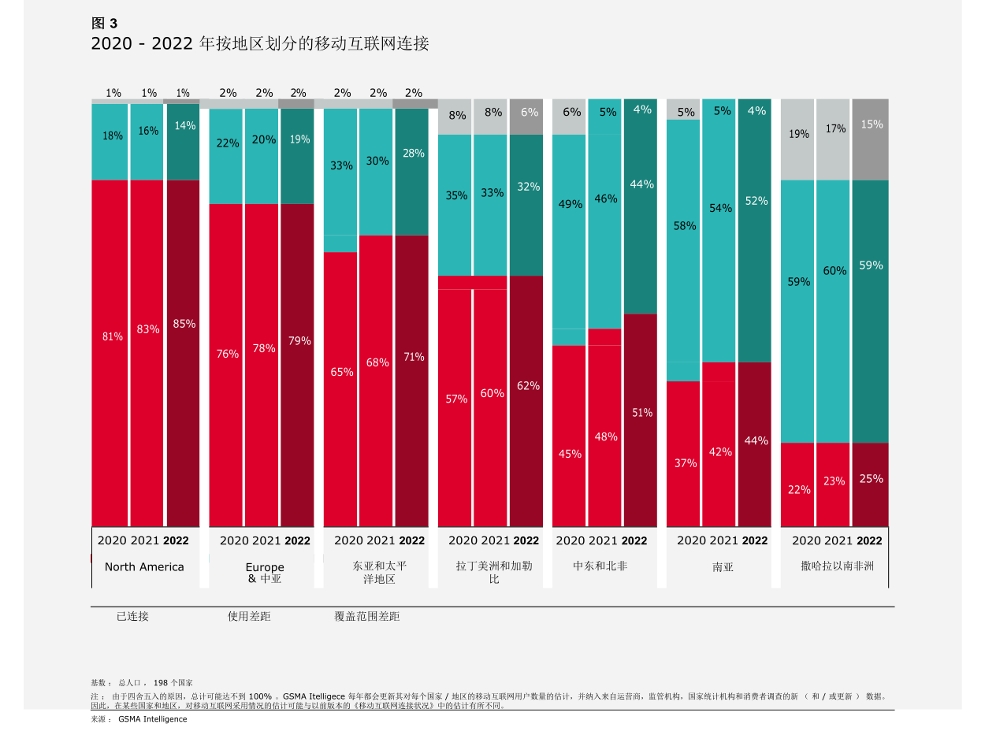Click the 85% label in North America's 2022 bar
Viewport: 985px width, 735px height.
coord(184,324)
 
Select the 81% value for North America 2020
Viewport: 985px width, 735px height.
coord(113,336)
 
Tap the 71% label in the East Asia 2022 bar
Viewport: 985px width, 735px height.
coord(414,357)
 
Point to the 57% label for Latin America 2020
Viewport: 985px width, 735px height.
coord(456,399)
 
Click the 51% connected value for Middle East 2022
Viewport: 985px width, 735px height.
coord(642,412)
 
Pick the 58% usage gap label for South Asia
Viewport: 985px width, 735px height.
coord(685,226)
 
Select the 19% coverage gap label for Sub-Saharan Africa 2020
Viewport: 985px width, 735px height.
coord(799,134)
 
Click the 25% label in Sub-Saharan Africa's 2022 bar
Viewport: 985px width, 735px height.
coord(871,479)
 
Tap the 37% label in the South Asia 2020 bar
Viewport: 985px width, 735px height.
coord(686,463)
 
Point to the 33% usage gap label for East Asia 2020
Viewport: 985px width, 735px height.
coord(341,165)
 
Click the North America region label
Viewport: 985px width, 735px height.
coord(144,567)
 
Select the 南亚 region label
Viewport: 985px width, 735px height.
coord(723,567)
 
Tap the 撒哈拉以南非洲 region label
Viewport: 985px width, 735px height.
coord(837,566)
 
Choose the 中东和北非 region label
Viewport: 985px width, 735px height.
coord(600,566)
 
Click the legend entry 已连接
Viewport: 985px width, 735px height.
coord(132,617)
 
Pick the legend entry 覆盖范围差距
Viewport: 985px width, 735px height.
coord(367,617)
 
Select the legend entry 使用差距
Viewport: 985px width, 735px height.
coord(249,617)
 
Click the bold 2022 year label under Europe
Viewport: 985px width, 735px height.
coord(298,541)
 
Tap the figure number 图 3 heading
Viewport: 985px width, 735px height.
coord(104,24)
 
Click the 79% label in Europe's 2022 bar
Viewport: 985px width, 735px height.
coord(299,341)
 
